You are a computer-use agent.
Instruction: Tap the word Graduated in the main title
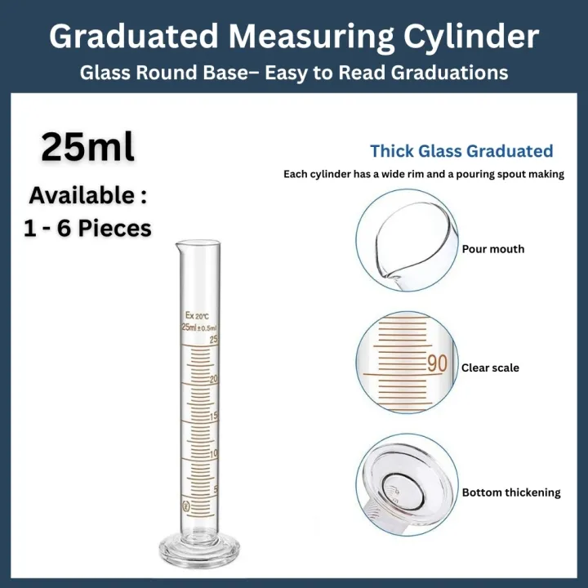click(133, 36)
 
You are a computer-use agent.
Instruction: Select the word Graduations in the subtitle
click(450, 73)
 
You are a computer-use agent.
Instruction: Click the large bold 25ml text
click(87, 146)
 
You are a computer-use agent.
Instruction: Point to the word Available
click(83, 196)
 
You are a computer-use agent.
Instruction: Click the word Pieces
click(114, 228)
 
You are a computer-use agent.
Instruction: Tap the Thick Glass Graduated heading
click(461, 151)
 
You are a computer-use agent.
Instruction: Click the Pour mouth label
click(493, 249)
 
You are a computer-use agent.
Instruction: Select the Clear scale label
click(490, 367)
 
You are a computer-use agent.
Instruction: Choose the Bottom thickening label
click(511, 492)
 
